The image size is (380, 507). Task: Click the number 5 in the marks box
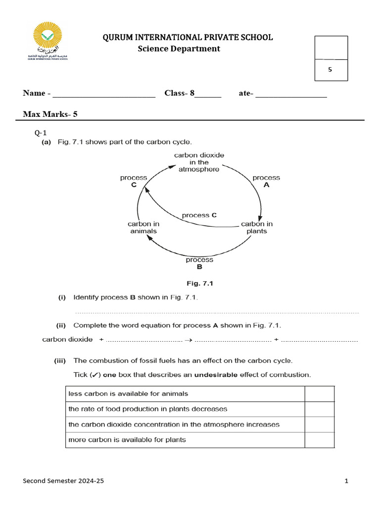(331, 70)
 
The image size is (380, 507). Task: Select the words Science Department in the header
(179, 49)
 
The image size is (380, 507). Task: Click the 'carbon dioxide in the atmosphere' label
(199, 162)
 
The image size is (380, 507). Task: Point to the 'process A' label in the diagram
(266, 181)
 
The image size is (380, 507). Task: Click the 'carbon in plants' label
(256, 227)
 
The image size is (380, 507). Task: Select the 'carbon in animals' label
(143, 227)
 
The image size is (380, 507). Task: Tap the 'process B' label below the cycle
(199, 263)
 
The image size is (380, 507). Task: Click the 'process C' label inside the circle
(199, 215)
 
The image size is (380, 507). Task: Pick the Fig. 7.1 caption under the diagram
(199, 284)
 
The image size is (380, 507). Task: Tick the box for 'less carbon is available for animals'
(319, 394)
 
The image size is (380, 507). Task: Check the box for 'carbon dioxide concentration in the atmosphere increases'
(319, 425)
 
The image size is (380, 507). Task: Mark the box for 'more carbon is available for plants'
(319, 440)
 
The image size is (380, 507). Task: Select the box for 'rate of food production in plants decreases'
(319, 409)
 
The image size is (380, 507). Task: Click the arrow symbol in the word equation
(188, 340)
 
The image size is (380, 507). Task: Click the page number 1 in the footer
(346, 481)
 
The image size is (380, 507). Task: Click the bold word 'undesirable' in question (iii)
(216, 375)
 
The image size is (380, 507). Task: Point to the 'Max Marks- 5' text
(50, 114)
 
